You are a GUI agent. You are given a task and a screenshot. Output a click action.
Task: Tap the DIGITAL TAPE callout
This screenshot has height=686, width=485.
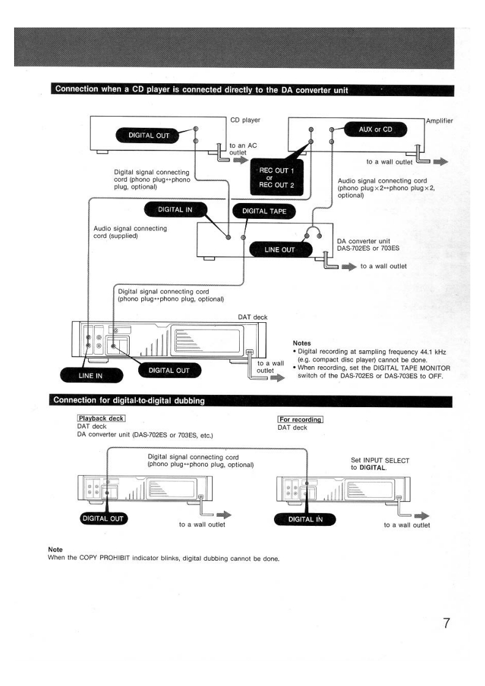[x=264, y=212]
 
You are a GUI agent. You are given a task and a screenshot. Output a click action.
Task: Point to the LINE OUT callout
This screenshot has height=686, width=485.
[x=280, y=249]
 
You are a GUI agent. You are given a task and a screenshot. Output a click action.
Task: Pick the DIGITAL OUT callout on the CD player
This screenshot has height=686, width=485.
[x=144, y=135]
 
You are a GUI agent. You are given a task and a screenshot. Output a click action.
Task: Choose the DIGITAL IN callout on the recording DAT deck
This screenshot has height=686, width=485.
[x=305, y=520]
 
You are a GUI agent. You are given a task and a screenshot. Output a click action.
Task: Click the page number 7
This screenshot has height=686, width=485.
[x=446, y=624]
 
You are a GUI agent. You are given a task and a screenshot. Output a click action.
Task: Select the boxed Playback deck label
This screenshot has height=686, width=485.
[x=100, y=419]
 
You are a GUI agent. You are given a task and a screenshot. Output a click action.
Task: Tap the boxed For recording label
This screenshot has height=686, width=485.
[x=300, y=419]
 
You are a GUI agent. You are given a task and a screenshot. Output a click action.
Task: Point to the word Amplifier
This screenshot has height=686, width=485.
[x=440, y=121]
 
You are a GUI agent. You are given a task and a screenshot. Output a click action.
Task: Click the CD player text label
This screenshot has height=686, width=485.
[x=245, y=120]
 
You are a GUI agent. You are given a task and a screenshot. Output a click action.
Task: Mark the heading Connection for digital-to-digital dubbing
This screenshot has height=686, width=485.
[x=129, y=401]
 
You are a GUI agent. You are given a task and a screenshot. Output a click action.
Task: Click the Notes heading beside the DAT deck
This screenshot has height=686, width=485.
[x=303, y=343]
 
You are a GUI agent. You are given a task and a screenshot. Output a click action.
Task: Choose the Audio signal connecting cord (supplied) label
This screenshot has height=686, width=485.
[x=130, y=232]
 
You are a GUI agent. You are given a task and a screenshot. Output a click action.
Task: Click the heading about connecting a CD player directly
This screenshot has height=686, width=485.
[x=202, y=90]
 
